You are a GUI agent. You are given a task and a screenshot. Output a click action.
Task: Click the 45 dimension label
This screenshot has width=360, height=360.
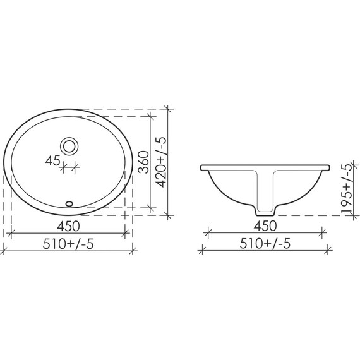tap(52, 160)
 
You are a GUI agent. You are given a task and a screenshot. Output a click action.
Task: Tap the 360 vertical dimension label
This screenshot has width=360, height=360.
tap(143, 162)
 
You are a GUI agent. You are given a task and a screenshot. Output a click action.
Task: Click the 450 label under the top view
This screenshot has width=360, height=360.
tap(68, 226)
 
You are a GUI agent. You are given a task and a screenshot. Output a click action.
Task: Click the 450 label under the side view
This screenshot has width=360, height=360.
tap(265, 226)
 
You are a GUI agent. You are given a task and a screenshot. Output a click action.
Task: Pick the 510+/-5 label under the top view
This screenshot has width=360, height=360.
tap(68, 244)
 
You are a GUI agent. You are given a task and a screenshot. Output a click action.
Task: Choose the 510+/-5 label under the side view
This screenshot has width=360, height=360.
tap(265, 243)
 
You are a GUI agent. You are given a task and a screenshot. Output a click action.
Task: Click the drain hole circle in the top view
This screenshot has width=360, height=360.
tap(69, 147)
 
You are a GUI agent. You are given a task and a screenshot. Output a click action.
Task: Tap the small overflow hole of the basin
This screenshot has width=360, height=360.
tap(69, 203)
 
